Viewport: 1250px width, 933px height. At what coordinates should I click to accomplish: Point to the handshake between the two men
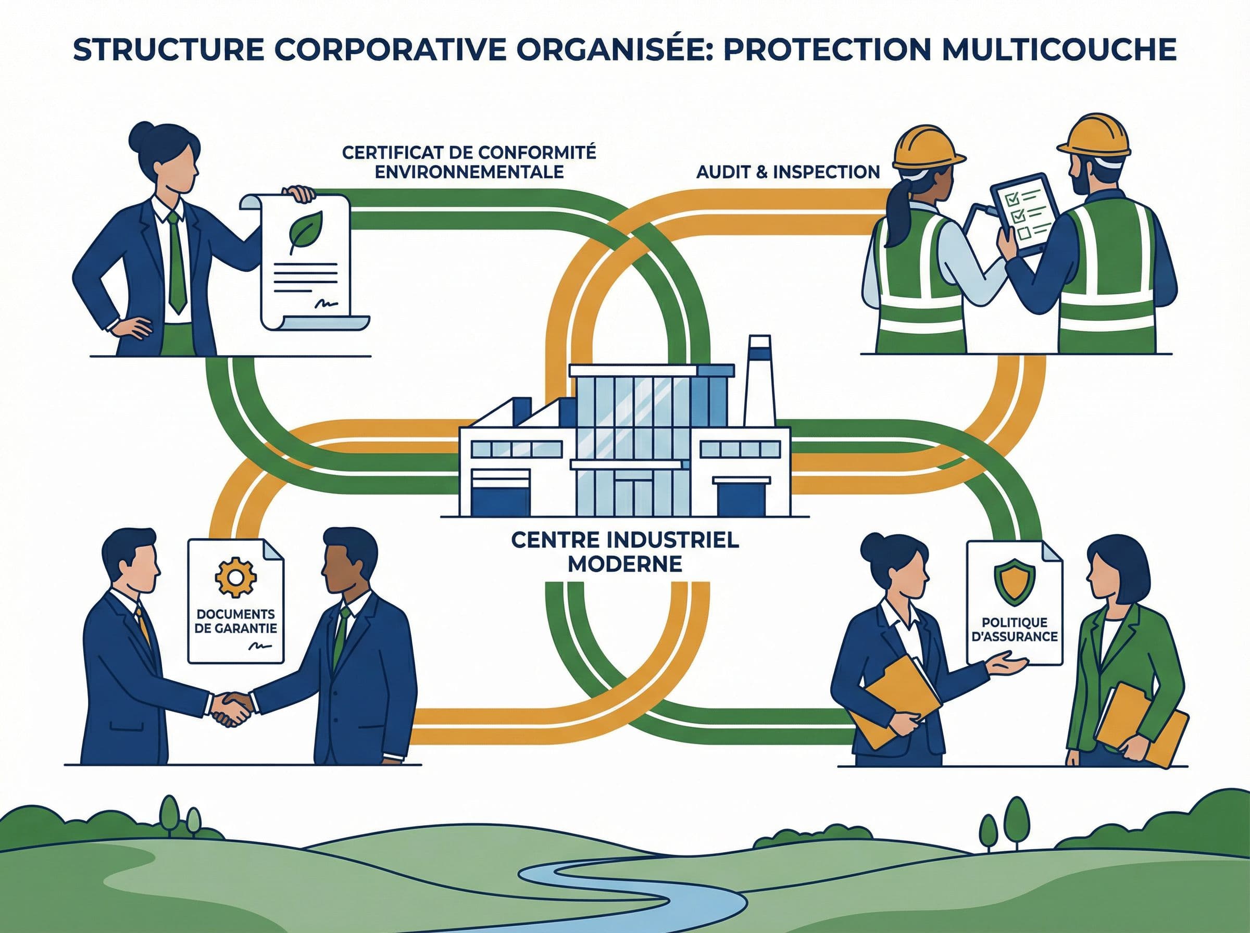click(231, 710)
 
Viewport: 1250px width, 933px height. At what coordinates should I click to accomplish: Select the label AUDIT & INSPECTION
click(788, 172)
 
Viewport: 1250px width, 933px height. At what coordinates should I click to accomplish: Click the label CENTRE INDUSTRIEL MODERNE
click(624, 551)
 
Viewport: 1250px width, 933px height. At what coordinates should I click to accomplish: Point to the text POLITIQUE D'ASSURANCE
click(1015, 629)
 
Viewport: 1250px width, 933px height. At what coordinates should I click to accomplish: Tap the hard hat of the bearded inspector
click(1094, 135)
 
